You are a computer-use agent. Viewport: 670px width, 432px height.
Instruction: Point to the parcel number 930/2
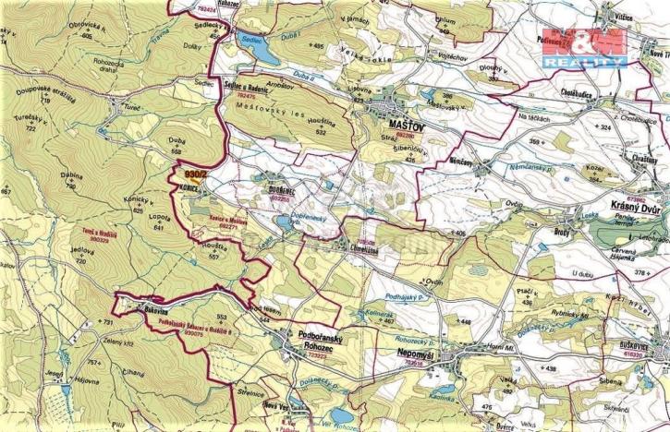(x=197, y=174)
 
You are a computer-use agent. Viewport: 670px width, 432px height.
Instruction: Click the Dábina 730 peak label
(x=69, y=182)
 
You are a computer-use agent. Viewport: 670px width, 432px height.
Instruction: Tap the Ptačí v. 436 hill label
(x=528, y=295)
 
